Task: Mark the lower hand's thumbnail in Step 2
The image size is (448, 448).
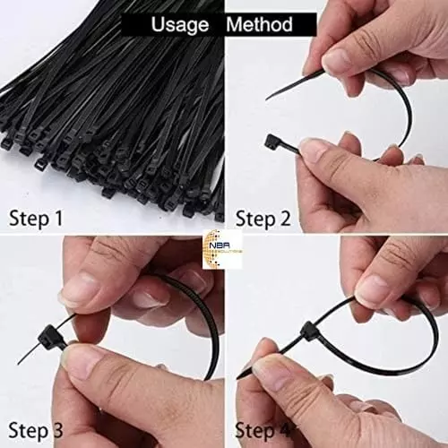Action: point(316,150)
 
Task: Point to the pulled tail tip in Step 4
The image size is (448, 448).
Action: point(240,376)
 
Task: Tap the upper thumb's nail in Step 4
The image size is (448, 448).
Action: point(373,288)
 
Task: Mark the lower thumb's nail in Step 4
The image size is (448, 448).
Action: point(269,367)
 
